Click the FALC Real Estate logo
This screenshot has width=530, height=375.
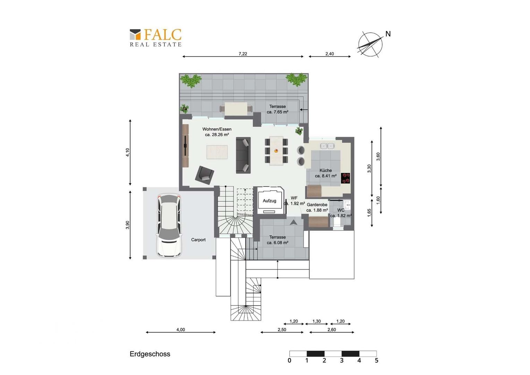pos(155,37)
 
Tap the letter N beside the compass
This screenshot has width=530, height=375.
pos(388,34)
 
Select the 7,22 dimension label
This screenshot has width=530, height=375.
pos(243,54)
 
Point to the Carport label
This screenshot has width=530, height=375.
pos(198,240)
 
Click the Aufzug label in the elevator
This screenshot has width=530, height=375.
pos(269,201)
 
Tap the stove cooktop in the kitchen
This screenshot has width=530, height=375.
pos(346,178)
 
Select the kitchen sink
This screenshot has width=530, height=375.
pos(327,146)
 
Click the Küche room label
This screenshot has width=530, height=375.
pos(326,170)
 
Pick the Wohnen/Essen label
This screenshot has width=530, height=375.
pos(217,129)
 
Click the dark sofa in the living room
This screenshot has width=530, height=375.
pos(243,155)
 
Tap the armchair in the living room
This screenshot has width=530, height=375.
pos(205,175)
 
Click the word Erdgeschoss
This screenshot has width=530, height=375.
pos(150,354)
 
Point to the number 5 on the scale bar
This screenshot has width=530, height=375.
pos(376,360)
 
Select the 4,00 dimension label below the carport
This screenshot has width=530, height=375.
pos(180,330)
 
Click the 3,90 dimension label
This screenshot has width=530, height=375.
pos(128,225)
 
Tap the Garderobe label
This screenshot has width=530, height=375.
pos(317,205)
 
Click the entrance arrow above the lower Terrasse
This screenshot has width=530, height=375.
pos(294,222)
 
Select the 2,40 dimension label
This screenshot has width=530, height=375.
pos(330,54)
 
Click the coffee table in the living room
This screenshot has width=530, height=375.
pos(217,152)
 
